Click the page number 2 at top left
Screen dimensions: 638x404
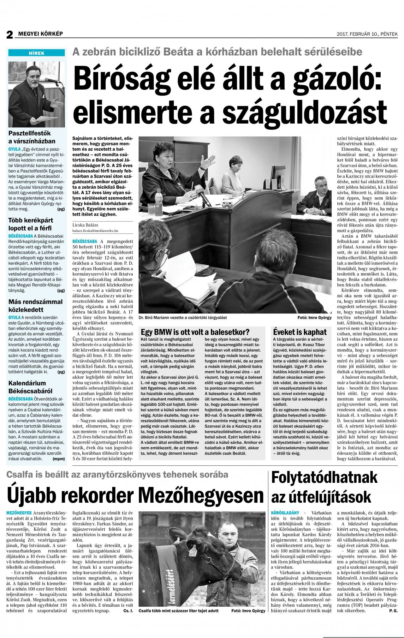click(9, 34)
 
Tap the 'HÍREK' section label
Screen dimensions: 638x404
click(37, 53)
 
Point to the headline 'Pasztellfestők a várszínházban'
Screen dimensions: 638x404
click(32, 137)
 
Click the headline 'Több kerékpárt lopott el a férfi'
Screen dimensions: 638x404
click(30, 224)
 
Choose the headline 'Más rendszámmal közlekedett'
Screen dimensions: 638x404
click(35, 306)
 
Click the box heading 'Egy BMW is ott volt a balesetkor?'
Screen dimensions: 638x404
click(195, 332)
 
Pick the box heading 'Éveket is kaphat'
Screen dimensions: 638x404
click(300, 332)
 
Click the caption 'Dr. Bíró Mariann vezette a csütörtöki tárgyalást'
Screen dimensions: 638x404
click(183, 317)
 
